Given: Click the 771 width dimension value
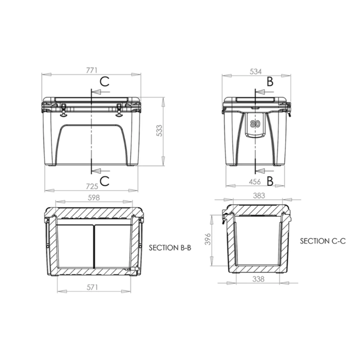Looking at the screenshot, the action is click(92, 70).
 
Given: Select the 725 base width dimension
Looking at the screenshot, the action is click(92, 186).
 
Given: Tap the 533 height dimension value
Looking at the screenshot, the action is click(159, 131).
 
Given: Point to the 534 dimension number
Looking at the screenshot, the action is click(256, 72).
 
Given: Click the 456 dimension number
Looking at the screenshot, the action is click(255, 182).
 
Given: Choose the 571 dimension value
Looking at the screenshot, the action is click(92, 287).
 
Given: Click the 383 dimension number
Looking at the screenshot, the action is click(259, 195).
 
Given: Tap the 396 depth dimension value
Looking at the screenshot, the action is click(208, 239).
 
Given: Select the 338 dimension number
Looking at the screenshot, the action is click(258, 279).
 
